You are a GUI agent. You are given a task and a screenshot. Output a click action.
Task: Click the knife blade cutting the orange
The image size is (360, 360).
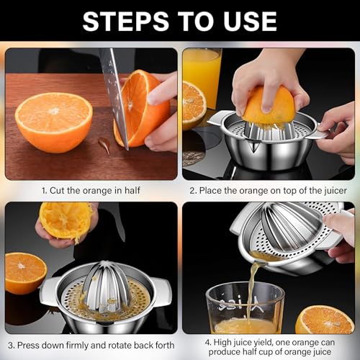click(116, 96)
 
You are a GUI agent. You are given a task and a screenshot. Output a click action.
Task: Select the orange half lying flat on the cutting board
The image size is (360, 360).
click(54, 122)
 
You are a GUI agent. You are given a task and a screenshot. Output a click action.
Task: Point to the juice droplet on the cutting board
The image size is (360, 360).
click(104, 145)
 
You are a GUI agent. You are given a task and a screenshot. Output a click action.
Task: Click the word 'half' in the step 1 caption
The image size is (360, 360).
click(132, 191)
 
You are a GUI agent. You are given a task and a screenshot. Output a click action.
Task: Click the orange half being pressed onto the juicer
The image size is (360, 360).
click(269, 105)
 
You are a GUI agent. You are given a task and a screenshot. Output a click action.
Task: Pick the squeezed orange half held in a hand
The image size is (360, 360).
click(66, 220)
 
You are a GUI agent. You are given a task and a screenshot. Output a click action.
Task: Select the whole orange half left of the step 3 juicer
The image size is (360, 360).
click(26, 273)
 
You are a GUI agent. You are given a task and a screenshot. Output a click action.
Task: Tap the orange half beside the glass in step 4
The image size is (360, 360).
click(325, 320)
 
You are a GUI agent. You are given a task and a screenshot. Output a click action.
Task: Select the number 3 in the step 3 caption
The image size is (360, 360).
click(11, 346)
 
